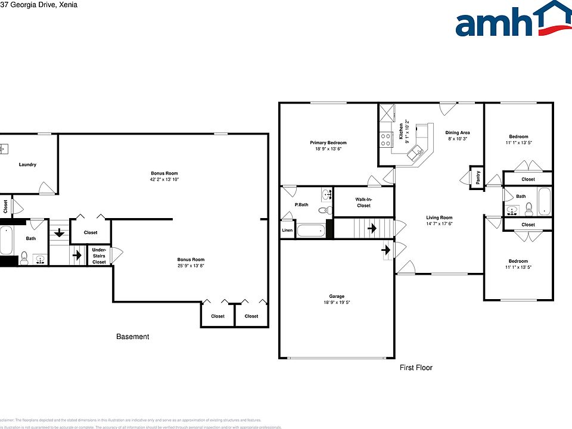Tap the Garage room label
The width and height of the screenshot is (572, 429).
(x=337, y=296)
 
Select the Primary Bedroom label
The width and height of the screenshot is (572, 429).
(x=328, y=143)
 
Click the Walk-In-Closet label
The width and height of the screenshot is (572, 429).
(x=363, y=203)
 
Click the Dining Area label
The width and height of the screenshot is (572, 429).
(x=458, y=132)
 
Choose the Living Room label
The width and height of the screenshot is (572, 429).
(x=439, y=217)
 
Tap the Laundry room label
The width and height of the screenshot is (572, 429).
(x=27, y=164)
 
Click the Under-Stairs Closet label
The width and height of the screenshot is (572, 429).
(x=99, y=256)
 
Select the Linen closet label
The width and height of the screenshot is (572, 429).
(x=287, y=230)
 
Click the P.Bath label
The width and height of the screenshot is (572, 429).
(x=301, y=205)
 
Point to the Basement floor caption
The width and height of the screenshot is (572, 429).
(x=132, y=337)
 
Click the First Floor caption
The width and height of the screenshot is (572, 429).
(x=416, y=368)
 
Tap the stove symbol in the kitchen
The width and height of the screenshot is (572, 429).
(x=386, y=139)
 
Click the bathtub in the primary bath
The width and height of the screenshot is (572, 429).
(x=310, y=231)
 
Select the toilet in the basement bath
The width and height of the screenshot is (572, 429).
(x=24, y=258)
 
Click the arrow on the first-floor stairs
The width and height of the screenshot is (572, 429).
(x=372, y=228)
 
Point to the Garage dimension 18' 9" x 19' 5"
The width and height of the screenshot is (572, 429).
(x=337, y=303)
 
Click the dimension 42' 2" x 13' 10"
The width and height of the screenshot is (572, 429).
(x=164, y=179)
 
